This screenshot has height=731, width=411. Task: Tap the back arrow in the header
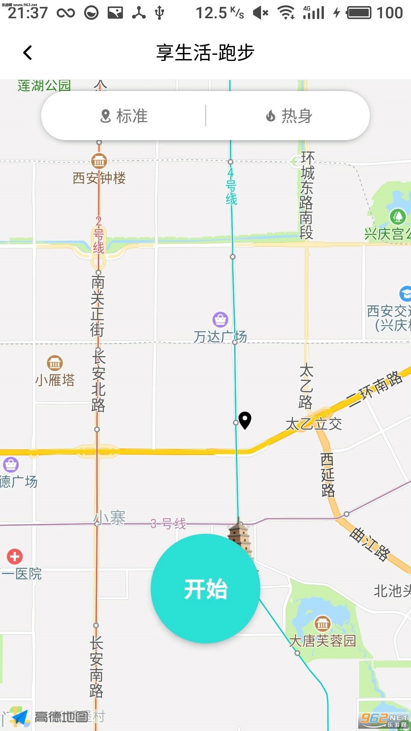[27, 53]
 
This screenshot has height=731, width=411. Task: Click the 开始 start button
[205, 589]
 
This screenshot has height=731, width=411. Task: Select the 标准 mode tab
[124, 116]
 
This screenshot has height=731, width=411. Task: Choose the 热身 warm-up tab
[289, 116]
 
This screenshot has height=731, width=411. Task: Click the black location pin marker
[245, 420]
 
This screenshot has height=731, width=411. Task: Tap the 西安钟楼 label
[99, 178]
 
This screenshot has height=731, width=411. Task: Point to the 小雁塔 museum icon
[55, 363]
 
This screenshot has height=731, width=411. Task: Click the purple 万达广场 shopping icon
[220, 319]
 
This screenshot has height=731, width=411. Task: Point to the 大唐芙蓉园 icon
[322, 624]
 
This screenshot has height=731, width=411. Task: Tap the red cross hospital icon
[15, 557]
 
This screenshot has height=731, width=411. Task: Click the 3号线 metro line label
[168, 524]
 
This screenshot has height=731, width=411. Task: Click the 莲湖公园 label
[44, 86]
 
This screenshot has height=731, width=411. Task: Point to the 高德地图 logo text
[61, 717]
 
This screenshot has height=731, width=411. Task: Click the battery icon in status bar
[358, 13]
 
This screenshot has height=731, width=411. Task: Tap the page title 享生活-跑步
[205, 53]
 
